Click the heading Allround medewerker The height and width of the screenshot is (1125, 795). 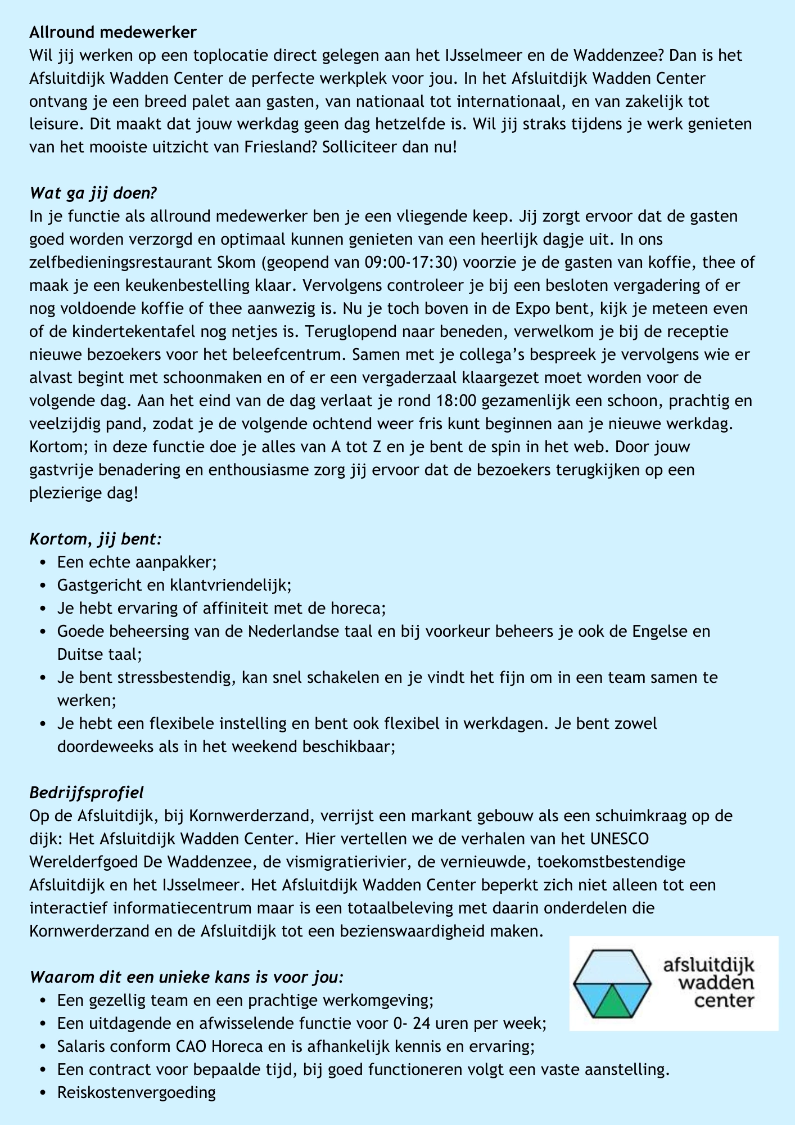point(113,32)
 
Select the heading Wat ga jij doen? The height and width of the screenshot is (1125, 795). point(93,193)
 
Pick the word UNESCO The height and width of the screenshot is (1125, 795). point(619,839)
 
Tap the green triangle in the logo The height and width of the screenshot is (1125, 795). point(612,1002)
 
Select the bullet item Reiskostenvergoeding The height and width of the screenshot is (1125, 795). point(137,1092)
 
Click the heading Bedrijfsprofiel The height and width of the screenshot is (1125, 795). point(87,793)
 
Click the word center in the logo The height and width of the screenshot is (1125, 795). point(724,1001)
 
